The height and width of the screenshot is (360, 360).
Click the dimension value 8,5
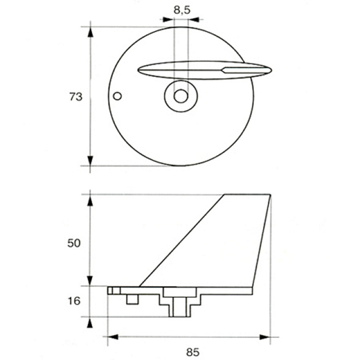point(182,11)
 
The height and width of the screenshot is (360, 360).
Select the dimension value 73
point(76,96)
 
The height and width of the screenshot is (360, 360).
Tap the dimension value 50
point(74,243)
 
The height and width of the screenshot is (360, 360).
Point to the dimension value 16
point(74,301)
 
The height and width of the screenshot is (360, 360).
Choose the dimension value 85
point(193,352)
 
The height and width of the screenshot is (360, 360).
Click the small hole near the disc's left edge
point(117,96)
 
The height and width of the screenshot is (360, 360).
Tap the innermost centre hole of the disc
point(181,96)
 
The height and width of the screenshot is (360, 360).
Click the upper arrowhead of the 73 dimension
point(90,32)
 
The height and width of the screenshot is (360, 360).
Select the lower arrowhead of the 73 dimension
point(90,160)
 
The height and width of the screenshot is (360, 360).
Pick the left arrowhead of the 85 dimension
point(113,337)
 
